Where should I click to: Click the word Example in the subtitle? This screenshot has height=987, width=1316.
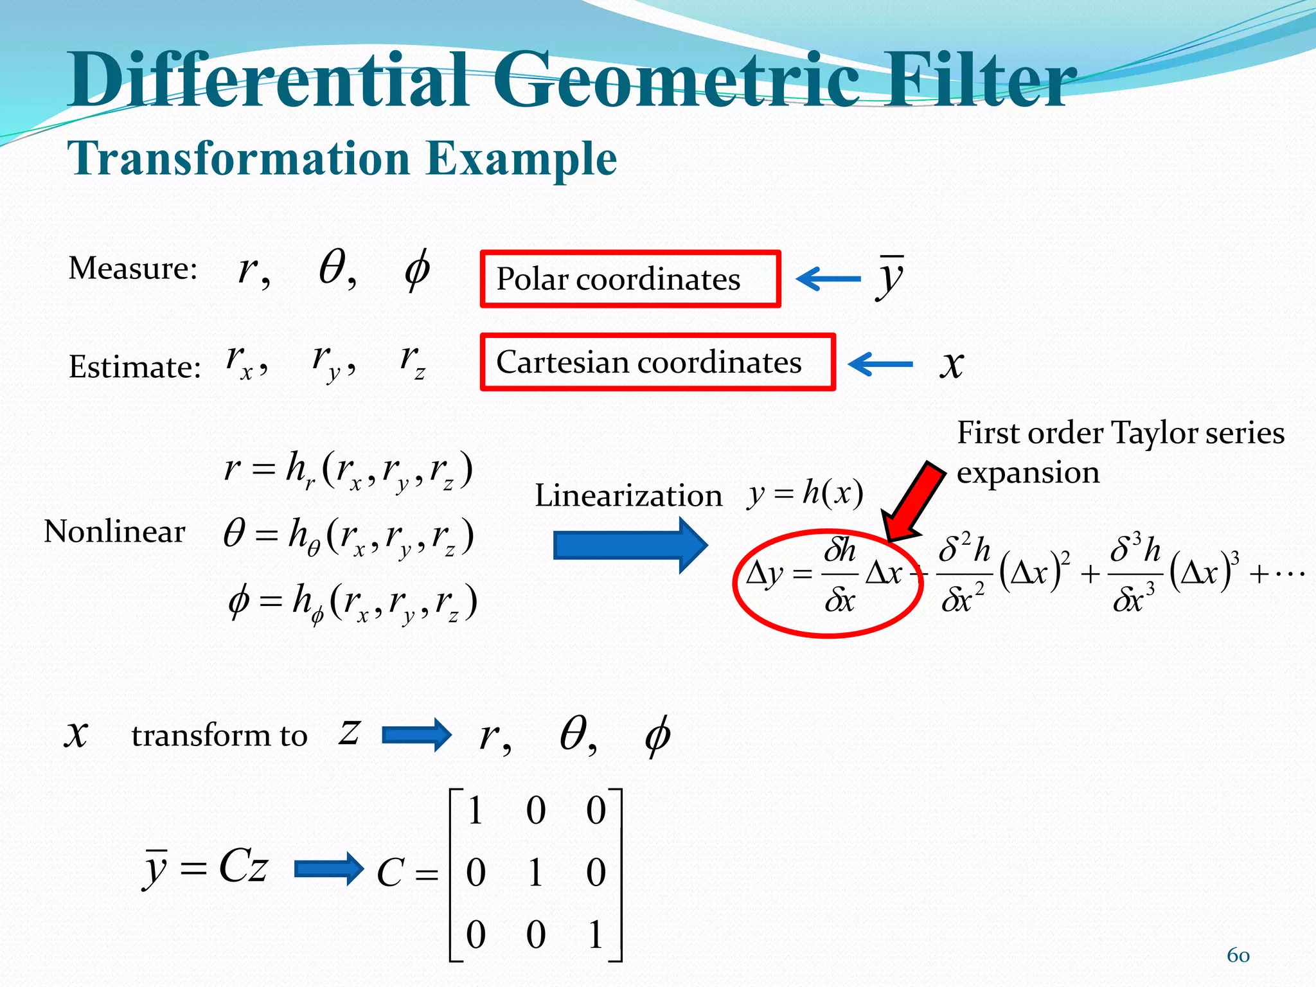[x=521, y=158]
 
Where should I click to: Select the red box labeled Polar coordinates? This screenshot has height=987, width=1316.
[x=630, y=279]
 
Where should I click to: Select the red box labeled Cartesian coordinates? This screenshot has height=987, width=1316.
[x=657, y=362]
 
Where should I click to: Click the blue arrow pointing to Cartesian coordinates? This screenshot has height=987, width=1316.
[x=880, y=364]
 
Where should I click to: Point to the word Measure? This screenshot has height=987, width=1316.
[x=132, y=267]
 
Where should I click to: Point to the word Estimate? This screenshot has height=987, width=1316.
[x=134, y=367]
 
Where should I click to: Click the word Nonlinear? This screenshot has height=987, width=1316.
[x=114, y=531]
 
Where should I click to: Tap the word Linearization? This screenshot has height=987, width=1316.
[x=628, y=495]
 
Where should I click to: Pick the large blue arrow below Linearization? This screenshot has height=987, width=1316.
[x=630, y=546]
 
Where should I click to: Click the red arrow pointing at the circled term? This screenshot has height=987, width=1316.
[x=913, y=501]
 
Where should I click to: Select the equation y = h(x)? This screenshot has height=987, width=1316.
[x=805, y=493]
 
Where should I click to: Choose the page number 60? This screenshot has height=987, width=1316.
[x=1238, y=955]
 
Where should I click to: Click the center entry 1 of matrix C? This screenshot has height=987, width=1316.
[x=535, y=873]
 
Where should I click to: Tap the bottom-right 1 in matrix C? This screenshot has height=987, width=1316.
[x=596, y=934]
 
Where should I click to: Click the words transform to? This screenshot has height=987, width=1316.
[x=219, y=735]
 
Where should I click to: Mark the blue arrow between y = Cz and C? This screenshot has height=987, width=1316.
[x=329, y=869]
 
